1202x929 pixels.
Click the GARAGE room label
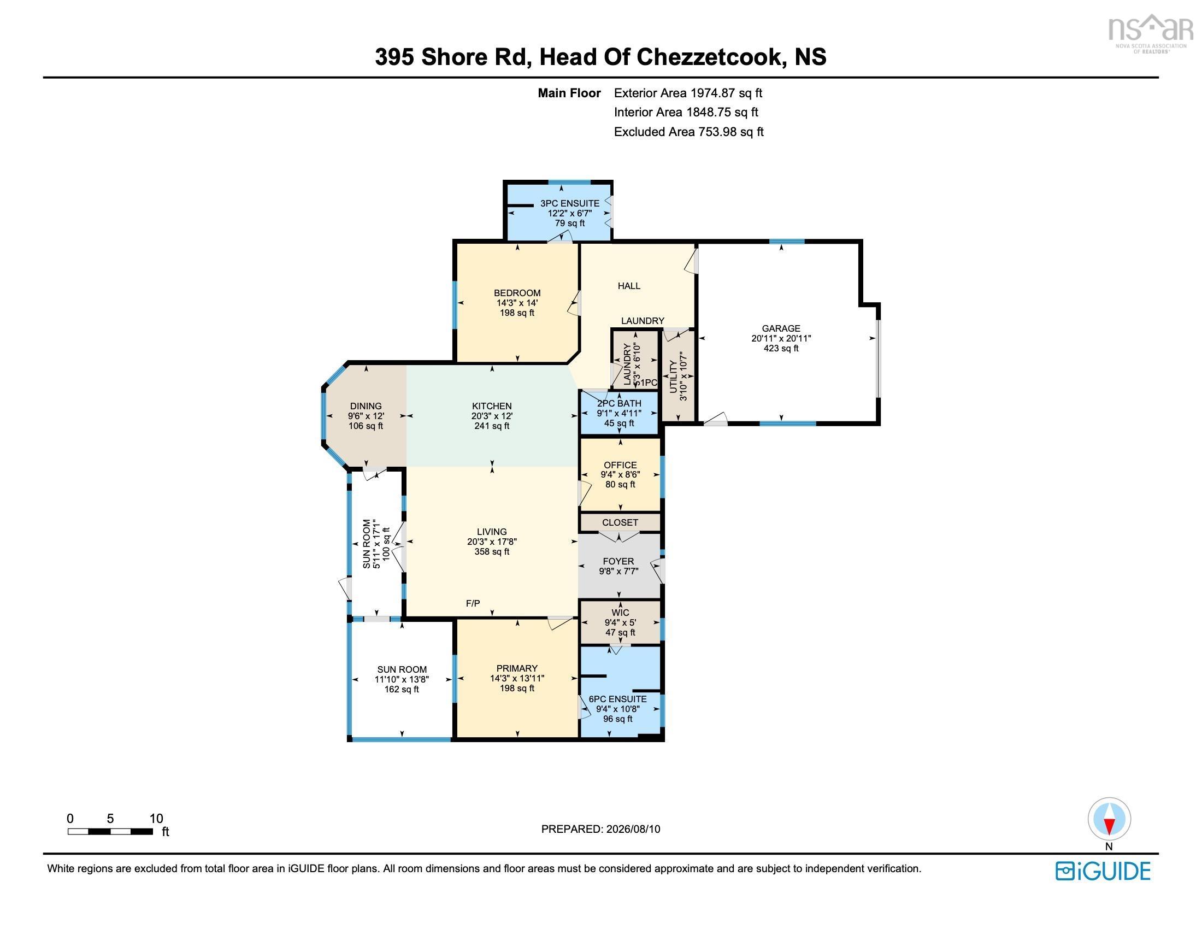point(781,328)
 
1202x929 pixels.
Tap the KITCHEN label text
point(492,406)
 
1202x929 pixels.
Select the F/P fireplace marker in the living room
point(473,603)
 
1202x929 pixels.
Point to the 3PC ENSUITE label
point(570,203)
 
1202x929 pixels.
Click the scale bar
point(110,831)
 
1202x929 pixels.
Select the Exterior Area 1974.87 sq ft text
point(688,93)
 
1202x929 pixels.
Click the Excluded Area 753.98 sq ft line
point(688,132)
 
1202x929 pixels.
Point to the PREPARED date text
point(600,829)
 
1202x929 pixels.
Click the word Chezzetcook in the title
point(709,57)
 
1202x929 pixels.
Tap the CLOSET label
point(620,522)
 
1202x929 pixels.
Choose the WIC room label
point(620,613)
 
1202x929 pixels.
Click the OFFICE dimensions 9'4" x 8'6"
point(620,474)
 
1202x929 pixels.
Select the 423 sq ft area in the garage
point(781,349)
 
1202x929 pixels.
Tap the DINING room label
point(366,406)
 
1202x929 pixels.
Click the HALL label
point(629,286)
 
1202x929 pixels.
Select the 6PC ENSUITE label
point(617,699)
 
